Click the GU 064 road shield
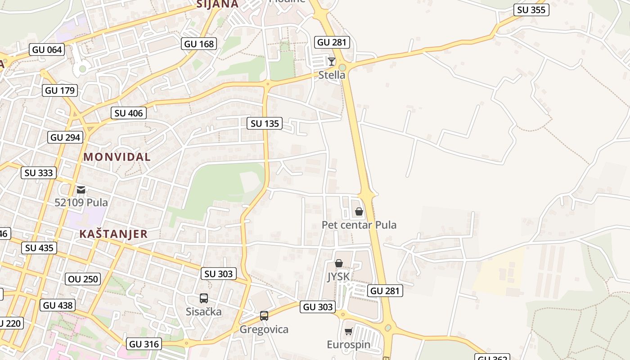[x=47, y=49]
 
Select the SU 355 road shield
[x=531, y=10]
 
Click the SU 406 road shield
[x=129, y=113]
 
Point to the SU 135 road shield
[x=265, y=123]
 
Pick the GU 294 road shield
[x=65, y=137]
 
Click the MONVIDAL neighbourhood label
[x=117, y=157]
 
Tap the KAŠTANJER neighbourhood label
[x=113, y=234]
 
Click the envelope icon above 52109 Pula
[x=81, y=190]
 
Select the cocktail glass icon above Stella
[x=332, y=61]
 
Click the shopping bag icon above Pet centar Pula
[x=359, y=211]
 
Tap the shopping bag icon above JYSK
[x=339, y=263]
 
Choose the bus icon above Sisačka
[x=204, y=298]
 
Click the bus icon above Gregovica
[x=264, y=316]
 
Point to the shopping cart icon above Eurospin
[x=348, y=332]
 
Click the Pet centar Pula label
[x=359, y=225]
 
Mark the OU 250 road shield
[x=83, y=279]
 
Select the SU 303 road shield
[x=219, y=274]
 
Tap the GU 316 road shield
[x=144, y=344]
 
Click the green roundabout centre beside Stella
[x=342, y=67]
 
